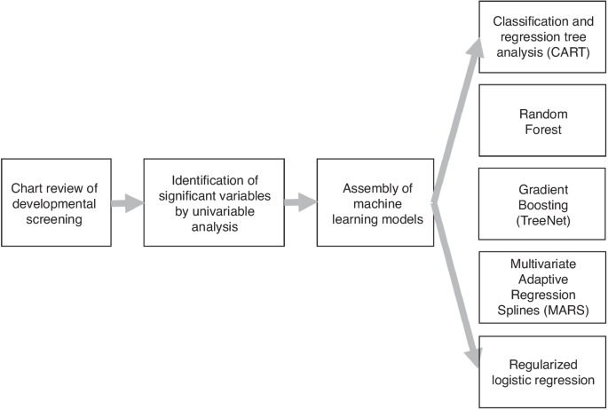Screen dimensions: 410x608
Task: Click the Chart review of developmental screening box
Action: pos(56,202)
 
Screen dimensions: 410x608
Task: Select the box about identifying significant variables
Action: pos(213,202)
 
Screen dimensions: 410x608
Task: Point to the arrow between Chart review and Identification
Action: pos(127,203)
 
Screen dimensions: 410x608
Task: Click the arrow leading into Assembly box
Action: pos(300,203)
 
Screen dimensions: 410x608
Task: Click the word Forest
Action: pos(543,129)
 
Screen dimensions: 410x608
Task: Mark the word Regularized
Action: pos(543,365)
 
